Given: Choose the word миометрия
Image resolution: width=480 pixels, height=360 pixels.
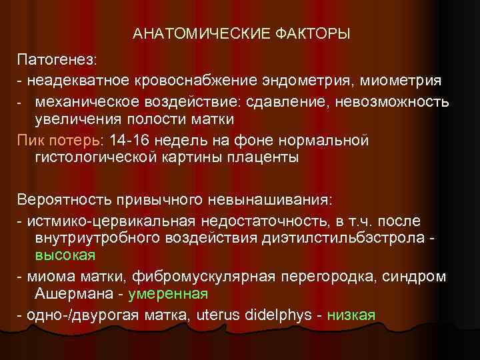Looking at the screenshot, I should (x=401, y=81).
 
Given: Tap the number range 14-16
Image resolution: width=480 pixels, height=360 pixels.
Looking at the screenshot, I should (x=117, y=141).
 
